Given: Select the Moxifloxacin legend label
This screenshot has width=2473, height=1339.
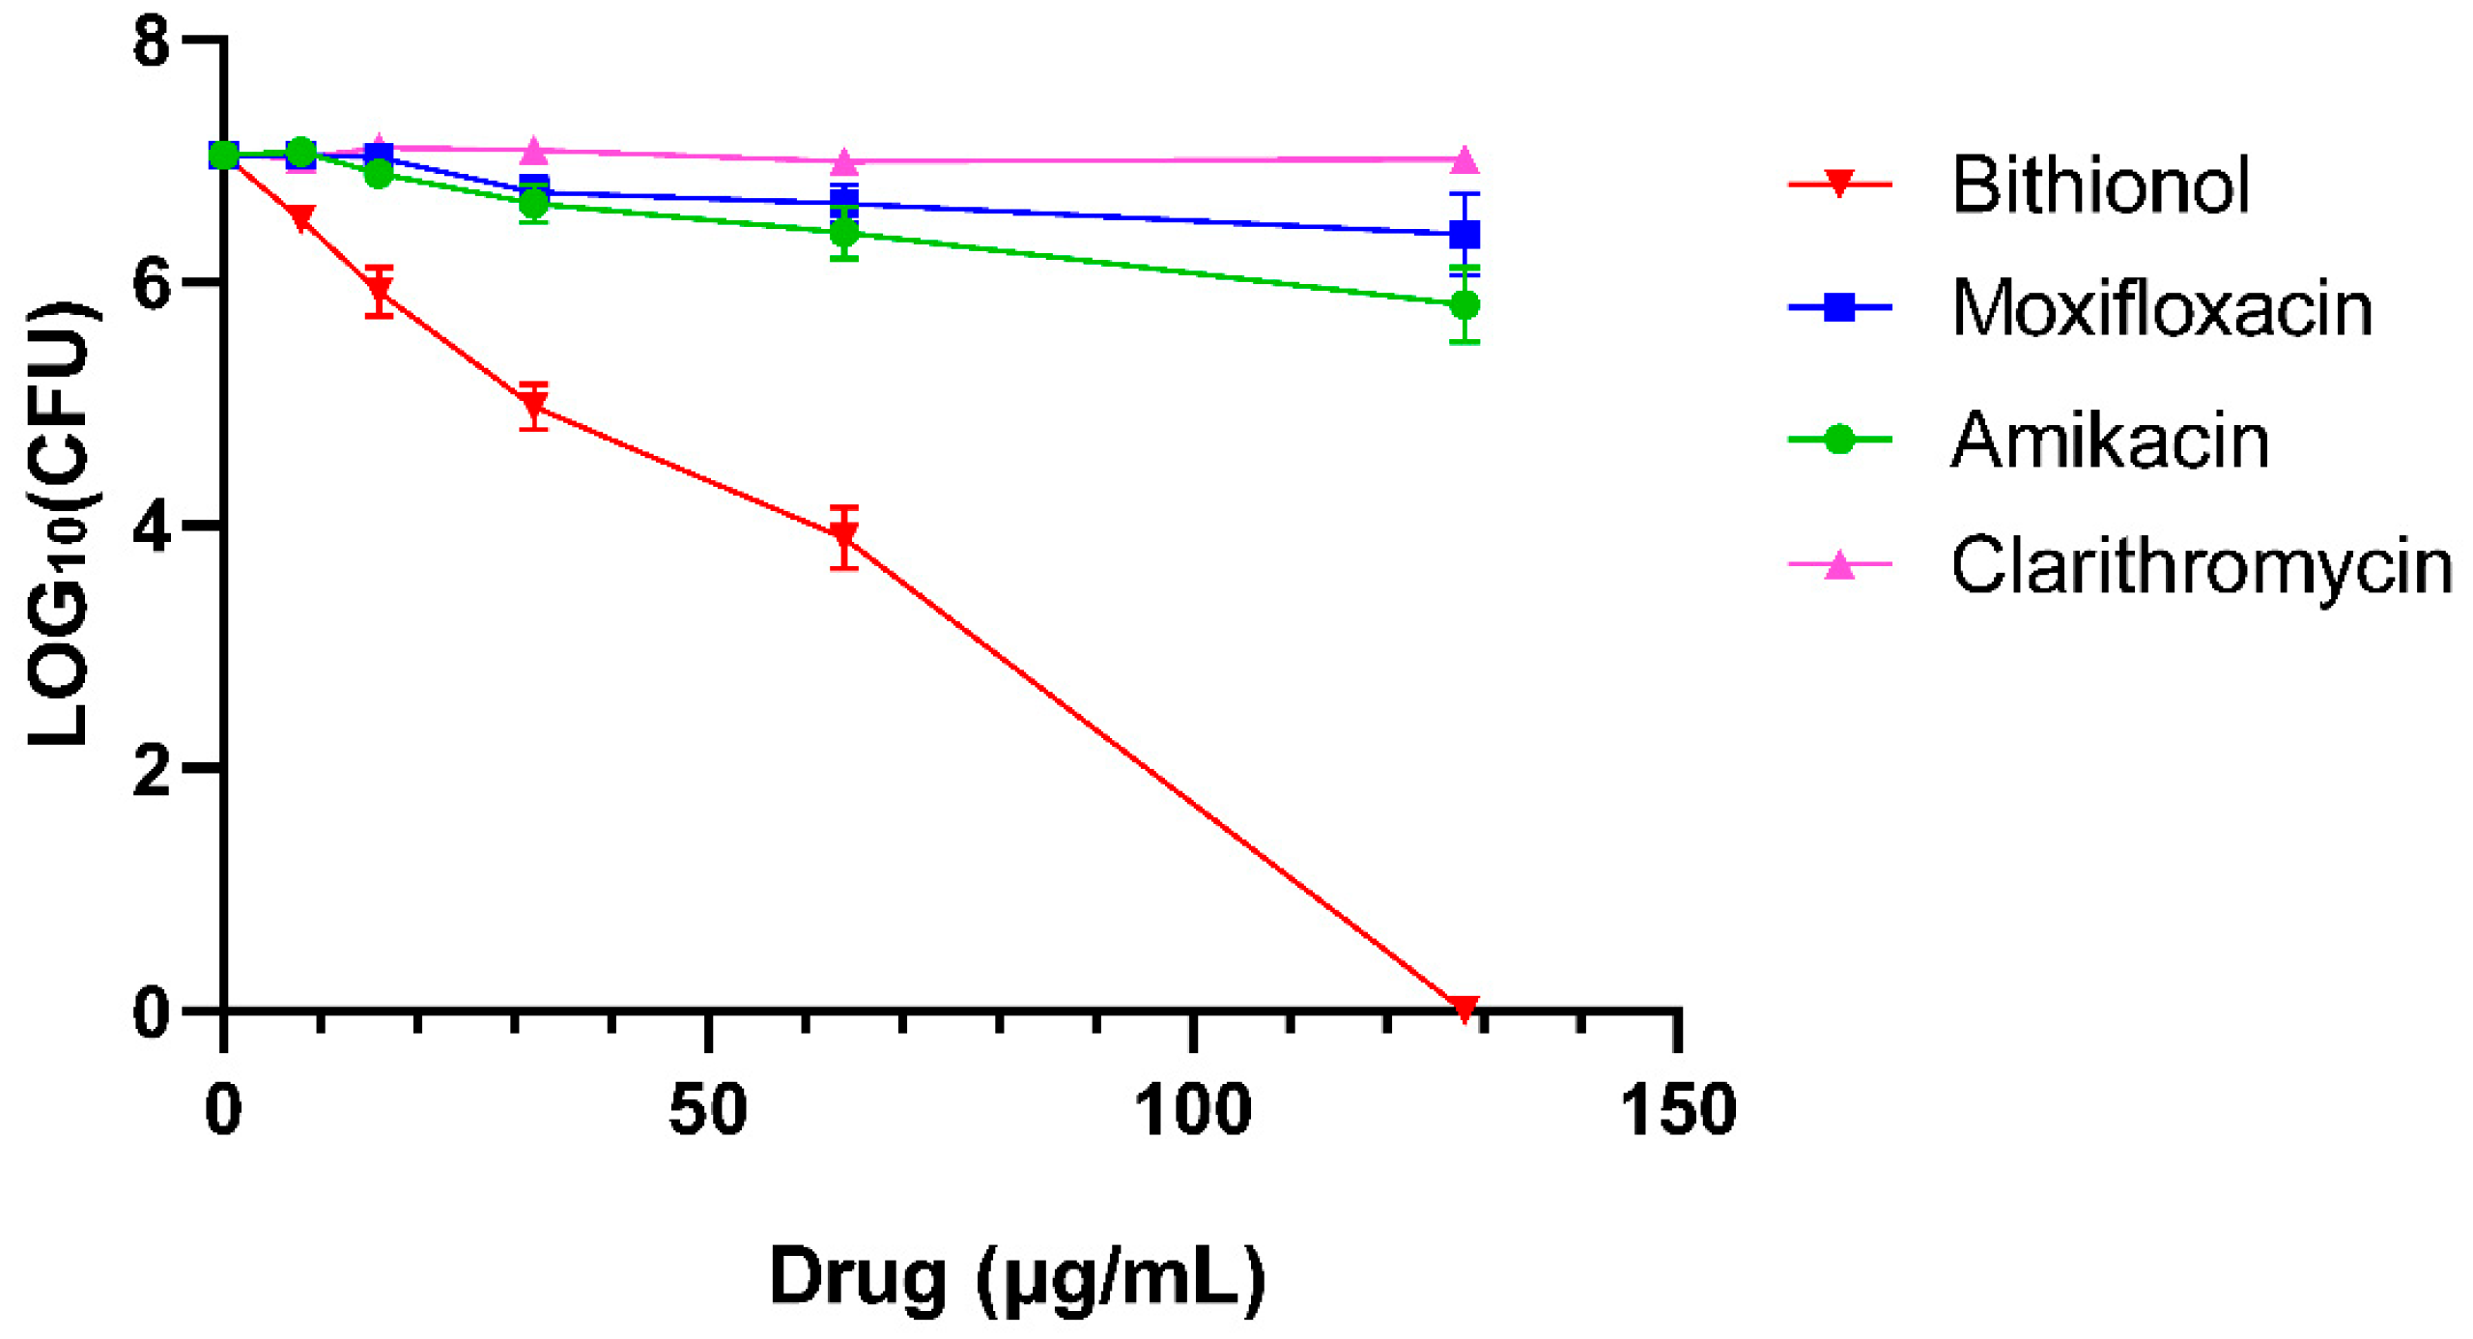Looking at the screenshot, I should pos(2161,308).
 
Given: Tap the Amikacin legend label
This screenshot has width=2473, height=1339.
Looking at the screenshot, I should pos(2109,440).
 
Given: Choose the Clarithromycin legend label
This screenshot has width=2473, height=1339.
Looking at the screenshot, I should pos(2202,565).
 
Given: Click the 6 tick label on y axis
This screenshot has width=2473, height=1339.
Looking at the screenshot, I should pos(153,284).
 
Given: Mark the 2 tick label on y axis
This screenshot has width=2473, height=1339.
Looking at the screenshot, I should pos(153,770).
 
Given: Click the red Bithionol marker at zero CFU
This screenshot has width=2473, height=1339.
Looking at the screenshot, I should pos(1464,1008).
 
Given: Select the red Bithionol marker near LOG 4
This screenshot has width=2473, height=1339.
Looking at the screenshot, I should pos(844,534).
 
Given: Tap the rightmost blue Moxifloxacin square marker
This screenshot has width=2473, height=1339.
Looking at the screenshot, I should pos(1464,235).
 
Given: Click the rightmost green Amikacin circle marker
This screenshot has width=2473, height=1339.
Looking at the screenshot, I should pos(1464,305).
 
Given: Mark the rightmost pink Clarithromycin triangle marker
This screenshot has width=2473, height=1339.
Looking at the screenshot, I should pos(1464,159).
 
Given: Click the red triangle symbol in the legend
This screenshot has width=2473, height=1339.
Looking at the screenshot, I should pos(1839,184).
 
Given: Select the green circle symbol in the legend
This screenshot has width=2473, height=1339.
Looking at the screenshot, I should pos(1839,440).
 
